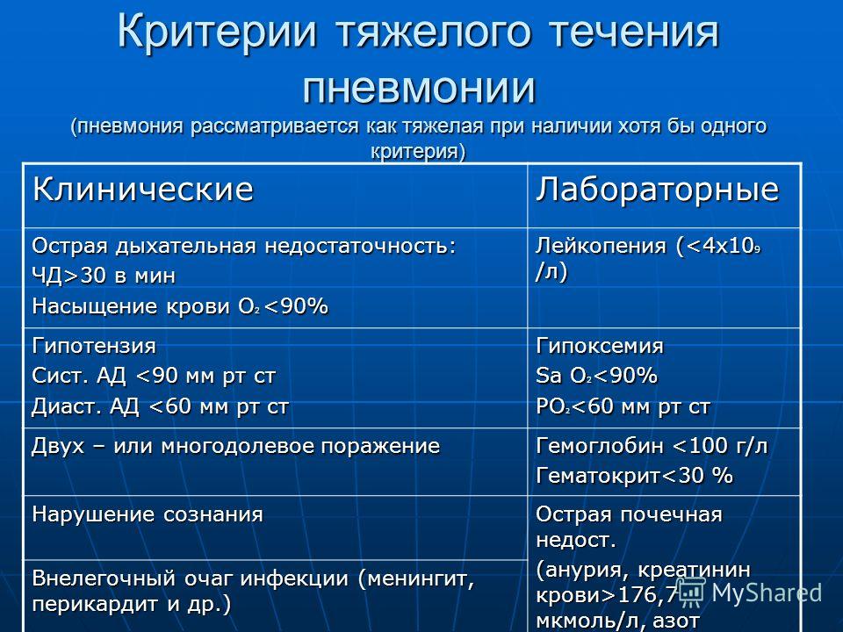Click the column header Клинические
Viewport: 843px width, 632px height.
point(142,189)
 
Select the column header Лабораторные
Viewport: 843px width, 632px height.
point(657,190)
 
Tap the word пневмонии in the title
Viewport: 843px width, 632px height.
point(420,87)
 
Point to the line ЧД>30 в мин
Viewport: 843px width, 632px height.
point(104,276)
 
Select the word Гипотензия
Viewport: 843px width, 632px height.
point(94,346)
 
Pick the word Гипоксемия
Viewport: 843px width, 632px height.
point(600,346)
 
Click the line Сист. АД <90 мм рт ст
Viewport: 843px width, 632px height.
point(154,376)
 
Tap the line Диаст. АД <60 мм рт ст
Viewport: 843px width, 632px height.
point(160,406)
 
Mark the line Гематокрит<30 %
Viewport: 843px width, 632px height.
point(634,476)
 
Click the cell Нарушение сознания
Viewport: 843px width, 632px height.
point(148,514)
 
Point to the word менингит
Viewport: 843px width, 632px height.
point(416,578)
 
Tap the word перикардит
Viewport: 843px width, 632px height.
point(95,604)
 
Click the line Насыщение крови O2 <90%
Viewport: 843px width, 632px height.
point(180,306)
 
